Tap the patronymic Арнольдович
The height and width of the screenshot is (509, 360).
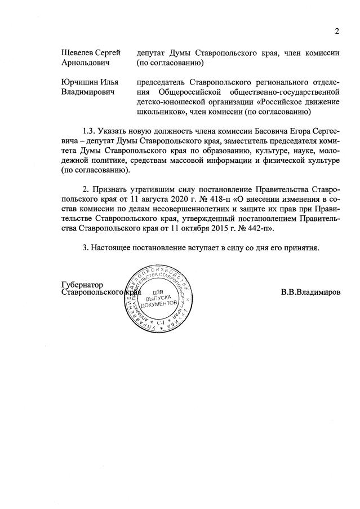85,63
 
